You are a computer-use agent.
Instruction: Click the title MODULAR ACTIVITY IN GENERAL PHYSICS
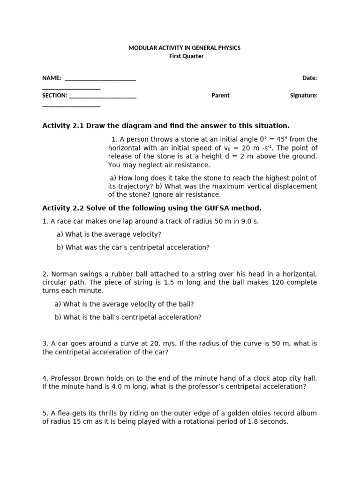tap(184, 48)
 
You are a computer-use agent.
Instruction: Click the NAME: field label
tap(52, 78)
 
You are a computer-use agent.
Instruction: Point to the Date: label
tap(309, 78)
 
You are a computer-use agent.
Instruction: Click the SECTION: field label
tap(55, 96)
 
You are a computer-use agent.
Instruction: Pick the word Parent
tap(220, 96)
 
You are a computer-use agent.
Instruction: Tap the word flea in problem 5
tap(63, 413)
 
